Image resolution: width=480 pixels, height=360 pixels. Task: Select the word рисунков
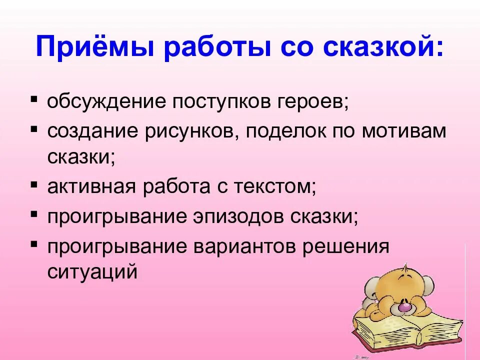[189, 131]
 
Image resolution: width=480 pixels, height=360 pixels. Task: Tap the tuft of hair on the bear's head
[406, 266]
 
